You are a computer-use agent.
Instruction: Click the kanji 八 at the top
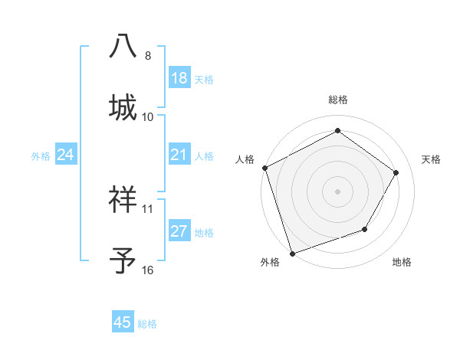pyautogui.click(x=123, y=45)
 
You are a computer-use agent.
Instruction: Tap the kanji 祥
pyautogui.click(x=123, y=199)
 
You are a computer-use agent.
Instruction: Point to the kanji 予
pyautogui.click(x=123, y=260)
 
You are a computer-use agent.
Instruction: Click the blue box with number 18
pyautogui.click(x=179, y=78)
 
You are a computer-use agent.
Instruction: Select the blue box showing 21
pyautogui.click(x=179, y=155)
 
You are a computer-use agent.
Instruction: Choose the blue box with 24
pyautogui.click(x=66, y=155)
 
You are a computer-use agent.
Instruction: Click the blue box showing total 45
pyautogui.click(x=123, y=322)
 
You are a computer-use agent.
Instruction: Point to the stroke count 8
pyautogui.click(x=148, y=56)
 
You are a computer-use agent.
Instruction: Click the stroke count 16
pyautogui.click(x=148, y=270)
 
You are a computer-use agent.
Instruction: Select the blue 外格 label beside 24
pyautogui.click(x=41, y=156)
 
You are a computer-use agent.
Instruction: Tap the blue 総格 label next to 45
pyautogui.click(x=147, y=324)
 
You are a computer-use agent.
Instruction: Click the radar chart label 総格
pyautogui.click(x=338, y=100)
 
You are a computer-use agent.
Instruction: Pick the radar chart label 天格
pyautogui.click(x=432, y=159)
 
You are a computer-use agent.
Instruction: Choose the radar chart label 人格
pyautogui.click(x=245, y=159)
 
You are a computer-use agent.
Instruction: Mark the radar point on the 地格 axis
pyautogui.click(x=365, y=229)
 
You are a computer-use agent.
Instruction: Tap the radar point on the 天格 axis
pyautogui.click(x=396, y=172)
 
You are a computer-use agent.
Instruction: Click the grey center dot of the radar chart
pyautogui.click(x=337, y=191)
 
